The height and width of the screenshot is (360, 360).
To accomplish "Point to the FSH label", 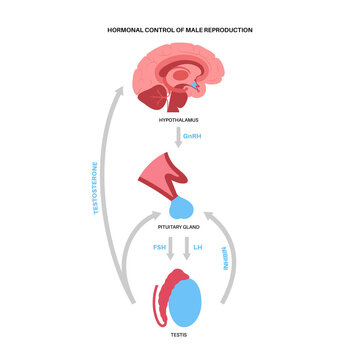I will [x=160, y=246].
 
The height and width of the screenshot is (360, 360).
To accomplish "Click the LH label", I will [x=198, y=246].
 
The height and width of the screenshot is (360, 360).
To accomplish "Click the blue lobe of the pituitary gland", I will [x=183, y=208].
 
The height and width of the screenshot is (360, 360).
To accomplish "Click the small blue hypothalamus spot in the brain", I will [x=194, y=87].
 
